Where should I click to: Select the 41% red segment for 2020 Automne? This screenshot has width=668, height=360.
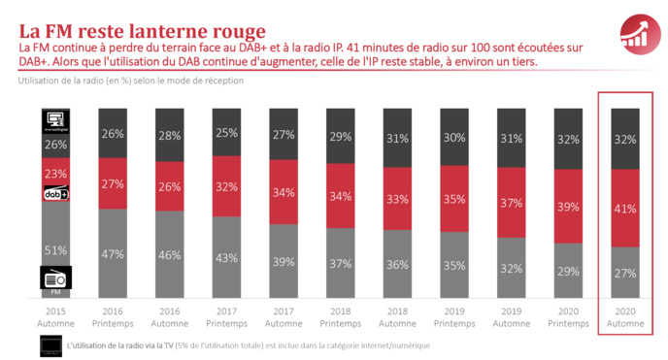tap(625, 208)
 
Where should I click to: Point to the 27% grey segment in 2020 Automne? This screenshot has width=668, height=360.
tap(625, 273)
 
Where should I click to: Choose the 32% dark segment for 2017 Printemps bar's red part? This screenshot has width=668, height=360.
tap(227, 186)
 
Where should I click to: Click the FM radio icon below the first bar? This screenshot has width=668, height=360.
tap(55, 278)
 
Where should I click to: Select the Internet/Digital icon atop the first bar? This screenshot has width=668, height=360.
tap(55, 120)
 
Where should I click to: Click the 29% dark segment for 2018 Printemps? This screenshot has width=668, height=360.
tap(341, 138)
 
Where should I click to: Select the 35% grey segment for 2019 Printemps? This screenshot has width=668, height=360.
tap(454, 264)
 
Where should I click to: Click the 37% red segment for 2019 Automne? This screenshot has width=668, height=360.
tap(511, 205)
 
